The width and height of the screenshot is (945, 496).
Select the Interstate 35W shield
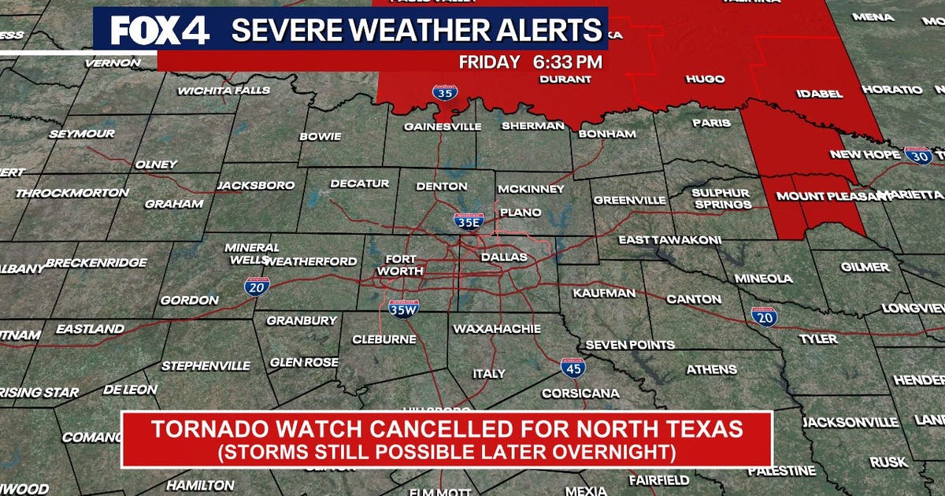pos(403,309)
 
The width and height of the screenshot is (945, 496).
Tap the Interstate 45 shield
pos(573,368)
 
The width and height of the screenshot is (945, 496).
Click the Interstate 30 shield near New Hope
pos(918,154)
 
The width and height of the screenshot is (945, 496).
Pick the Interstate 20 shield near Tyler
pos(764,316)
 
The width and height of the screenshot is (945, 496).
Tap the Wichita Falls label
pos(224,91)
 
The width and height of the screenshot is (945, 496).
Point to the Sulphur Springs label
pos(721,198)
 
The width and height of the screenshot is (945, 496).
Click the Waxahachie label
pos(496,328)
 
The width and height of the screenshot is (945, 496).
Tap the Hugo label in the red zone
pos(706,80)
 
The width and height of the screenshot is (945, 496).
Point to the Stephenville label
pos(206,365)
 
